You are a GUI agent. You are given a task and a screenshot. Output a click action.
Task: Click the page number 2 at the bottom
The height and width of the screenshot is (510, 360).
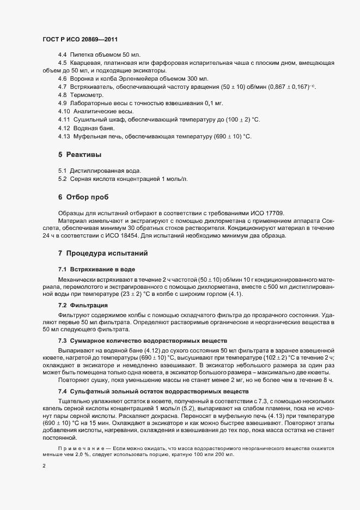click(x=44, y=467)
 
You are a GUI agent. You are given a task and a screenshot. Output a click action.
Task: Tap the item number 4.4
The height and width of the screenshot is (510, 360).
click(x=62, y=55)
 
